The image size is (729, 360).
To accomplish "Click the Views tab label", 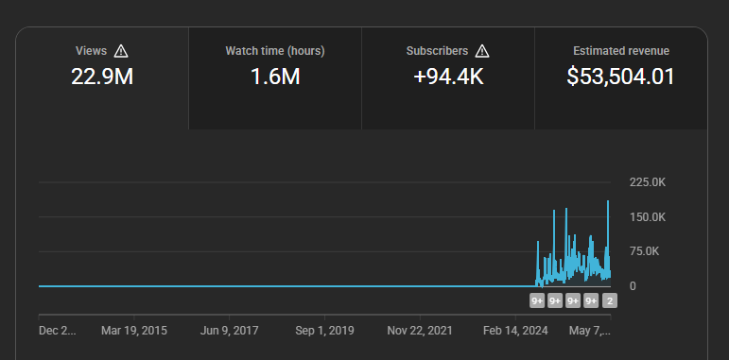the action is click(91, 51).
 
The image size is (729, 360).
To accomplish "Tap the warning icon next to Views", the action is click(121, 51).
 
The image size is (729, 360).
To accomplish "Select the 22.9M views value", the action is click(102, 77).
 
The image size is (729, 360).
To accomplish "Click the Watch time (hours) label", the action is click(275, 51).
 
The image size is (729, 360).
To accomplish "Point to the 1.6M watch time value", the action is click(275, 77).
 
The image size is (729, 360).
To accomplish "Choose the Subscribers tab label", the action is click(437, 51).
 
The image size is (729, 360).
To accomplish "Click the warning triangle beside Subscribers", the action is click(482, 51).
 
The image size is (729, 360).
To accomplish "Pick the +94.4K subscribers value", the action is click(448, 77).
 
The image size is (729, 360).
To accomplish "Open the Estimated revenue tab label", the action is click(621, 51).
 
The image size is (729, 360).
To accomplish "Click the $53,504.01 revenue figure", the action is click(620, 77).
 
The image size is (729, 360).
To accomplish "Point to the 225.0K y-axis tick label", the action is click(648, 182).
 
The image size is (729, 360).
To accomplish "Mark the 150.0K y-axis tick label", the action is click(648, 217).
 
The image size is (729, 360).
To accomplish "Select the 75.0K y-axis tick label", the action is click(645, 251).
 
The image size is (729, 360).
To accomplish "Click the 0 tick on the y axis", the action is click(633, 286).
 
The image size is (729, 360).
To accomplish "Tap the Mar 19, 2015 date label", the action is click(134, 331).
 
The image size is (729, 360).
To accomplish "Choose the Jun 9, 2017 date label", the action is click(229, 331).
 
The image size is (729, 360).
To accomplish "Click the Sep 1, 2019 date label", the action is click(324, 331).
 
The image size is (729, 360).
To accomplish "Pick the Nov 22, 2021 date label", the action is click(420, 331).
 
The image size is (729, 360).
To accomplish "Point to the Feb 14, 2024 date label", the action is click(515, 331).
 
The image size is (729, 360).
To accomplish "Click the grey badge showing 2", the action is click(610, 301).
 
